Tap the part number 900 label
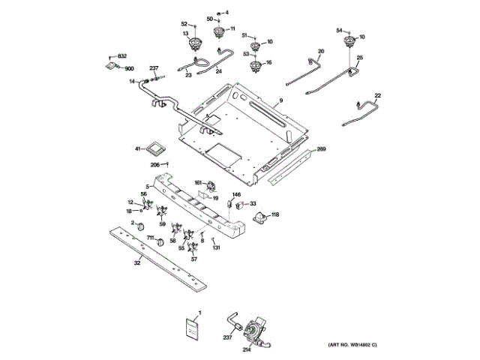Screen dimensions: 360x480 128,69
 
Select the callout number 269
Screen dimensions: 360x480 321,150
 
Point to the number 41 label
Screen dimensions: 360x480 137,149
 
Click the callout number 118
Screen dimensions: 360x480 274,215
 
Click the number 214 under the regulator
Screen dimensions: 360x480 247,349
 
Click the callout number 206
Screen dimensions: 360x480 155,164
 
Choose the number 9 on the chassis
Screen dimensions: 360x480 281,100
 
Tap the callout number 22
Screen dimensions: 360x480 377,95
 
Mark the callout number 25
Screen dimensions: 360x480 359,58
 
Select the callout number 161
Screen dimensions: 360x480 199,182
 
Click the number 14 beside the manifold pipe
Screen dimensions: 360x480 130,81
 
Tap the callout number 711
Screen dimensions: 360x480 150,238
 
